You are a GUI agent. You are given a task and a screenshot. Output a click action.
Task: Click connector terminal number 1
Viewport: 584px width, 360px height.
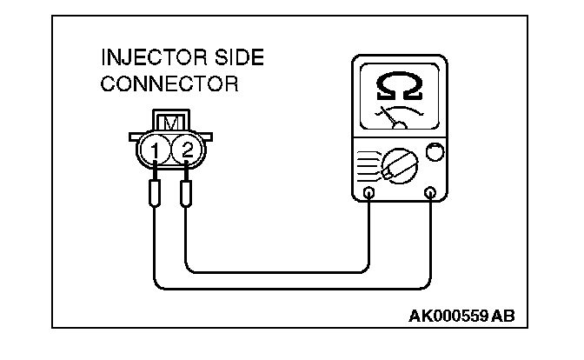pos(155,152)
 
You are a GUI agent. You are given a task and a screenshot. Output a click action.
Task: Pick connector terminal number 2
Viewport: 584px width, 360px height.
pos(187,152)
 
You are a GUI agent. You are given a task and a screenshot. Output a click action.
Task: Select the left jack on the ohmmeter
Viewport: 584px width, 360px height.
pos(369,192)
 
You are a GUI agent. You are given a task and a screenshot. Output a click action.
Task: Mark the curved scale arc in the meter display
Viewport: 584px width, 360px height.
pos(400,111)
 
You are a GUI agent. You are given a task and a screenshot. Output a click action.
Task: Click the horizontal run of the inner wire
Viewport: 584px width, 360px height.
pos(278,270)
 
